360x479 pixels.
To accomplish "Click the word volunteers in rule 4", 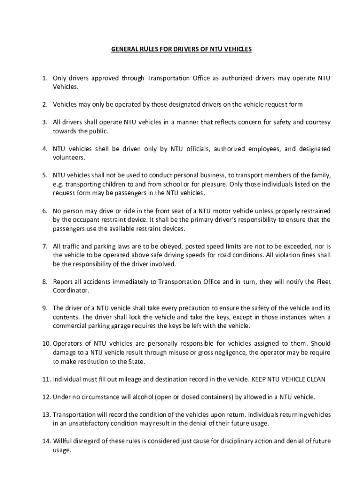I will tap(68, 158).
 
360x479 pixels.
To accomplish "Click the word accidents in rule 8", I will tap(96, 282).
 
